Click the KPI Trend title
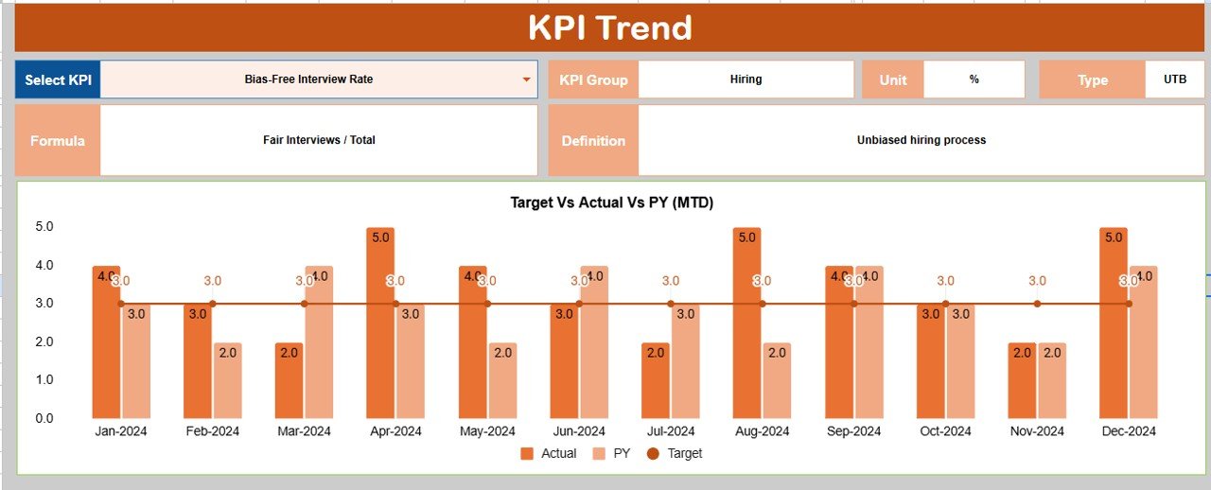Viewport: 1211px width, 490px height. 609,27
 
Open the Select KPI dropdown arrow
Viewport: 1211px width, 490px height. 527,79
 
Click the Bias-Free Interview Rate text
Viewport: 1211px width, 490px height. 308,79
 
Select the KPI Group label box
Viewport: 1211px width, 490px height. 593,79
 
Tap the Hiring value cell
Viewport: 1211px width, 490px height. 746,79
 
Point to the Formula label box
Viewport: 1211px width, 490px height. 58,140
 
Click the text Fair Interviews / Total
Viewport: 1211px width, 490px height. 319,140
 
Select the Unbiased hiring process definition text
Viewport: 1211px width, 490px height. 921,140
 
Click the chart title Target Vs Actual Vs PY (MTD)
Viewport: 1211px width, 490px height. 611,202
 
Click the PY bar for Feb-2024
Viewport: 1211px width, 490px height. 227,380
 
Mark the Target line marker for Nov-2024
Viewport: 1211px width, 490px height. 1037,304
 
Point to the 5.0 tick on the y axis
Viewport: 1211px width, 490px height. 44,227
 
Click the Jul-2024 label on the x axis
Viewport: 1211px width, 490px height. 670,431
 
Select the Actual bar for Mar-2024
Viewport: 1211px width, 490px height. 290,380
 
